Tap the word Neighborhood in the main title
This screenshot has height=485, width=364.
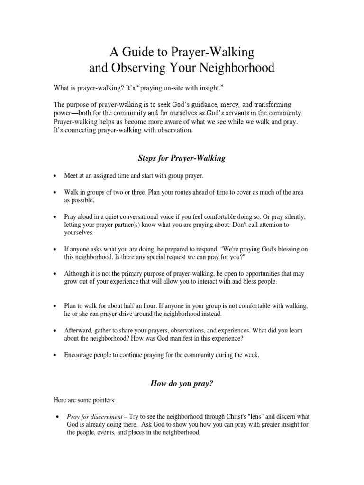coord(240,68)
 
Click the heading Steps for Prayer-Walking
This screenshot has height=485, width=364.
coord(182,158)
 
